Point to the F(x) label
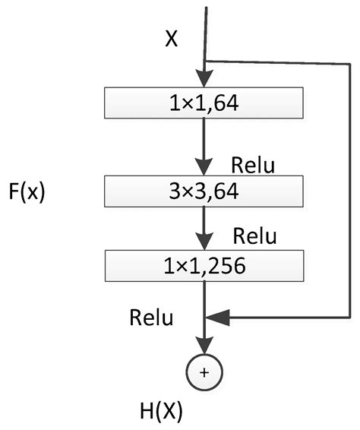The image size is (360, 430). tap(27, 191)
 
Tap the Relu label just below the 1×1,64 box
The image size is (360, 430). tap(254, 166)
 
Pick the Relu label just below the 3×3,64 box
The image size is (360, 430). tap(254, 236)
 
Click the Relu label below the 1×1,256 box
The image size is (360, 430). tap(152, 317)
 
